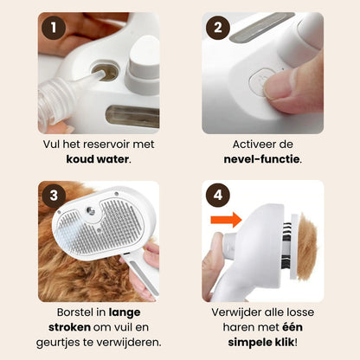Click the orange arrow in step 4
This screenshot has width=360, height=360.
tap(227, 220)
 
